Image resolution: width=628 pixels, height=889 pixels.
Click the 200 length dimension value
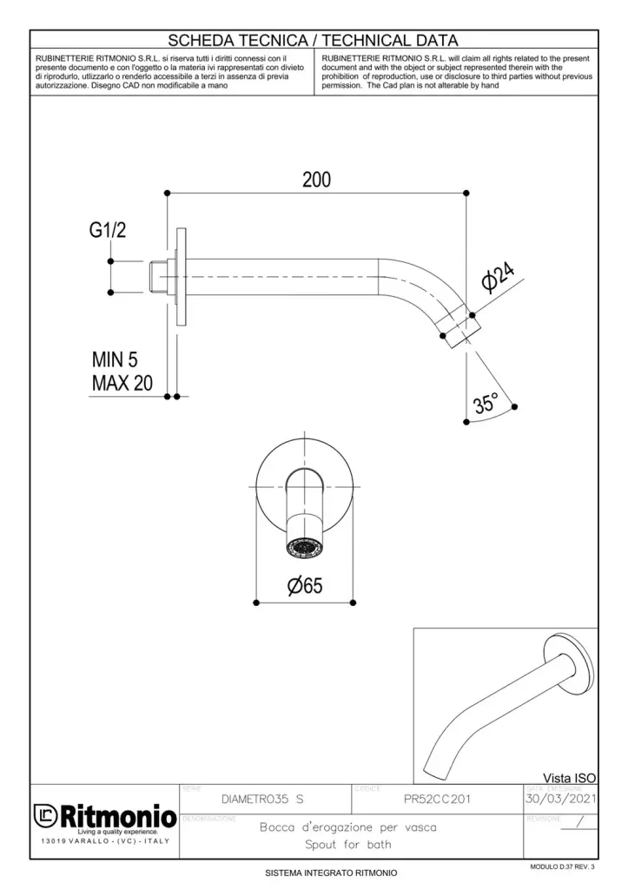click(x=316, y=180)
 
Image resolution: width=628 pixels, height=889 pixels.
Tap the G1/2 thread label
click(x=108, y=231)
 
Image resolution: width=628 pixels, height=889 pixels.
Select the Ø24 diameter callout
click(x=499, y=279)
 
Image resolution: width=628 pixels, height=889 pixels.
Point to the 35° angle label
click(x=486, y=403)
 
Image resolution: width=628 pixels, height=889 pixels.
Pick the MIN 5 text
click(x=115, y=360)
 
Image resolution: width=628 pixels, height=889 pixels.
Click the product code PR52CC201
click(x=438, y=799)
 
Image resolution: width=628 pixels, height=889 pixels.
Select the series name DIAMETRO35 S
click(x=262, y=799)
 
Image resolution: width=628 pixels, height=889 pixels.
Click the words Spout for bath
click(x=347, y=845)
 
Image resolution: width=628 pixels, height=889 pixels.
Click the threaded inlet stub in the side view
click(x=158, y=276)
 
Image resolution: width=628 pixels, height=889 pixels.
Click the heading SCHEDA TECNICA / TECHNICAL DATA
click(x=313, y=40)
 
